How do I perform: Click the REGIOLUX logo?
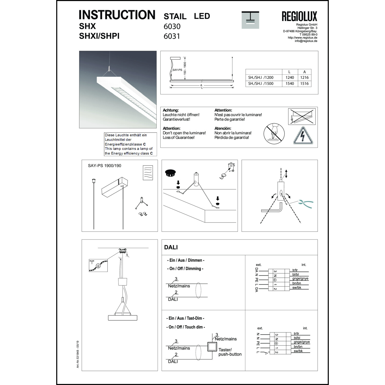point(299,16)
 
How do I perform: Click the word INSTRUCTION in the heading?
point(117,15)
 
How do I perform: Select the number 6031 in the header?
point(172,36)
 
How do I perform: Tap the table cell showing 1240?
point(290,78)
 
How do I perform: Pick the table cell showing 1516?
point(304,84)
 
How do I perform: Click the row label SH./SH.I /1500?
point(261,84)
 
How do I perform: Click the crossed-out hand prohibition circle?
point(274,133)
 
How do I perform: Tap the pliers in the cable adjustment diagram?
point(305,204)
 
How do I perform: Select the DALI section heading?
point(171,247)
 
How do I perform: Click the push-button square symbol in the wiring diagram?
point(212,347)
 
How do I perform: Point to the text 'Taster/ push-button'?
point(230,352)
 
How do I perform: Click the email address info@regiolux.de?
point(306,41)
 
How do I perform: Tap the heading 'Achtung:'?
point(171,110)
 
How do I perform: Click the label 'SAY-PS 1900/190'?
point(104,166)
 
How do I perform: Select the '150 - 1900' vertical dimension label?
point(185,68)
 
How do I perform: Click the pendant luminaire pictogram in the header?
point(250,20)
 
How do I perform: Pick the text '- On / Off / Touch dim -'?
point(186,327)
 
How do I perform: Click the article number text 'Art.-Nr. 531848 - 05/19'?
point(78,354)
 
